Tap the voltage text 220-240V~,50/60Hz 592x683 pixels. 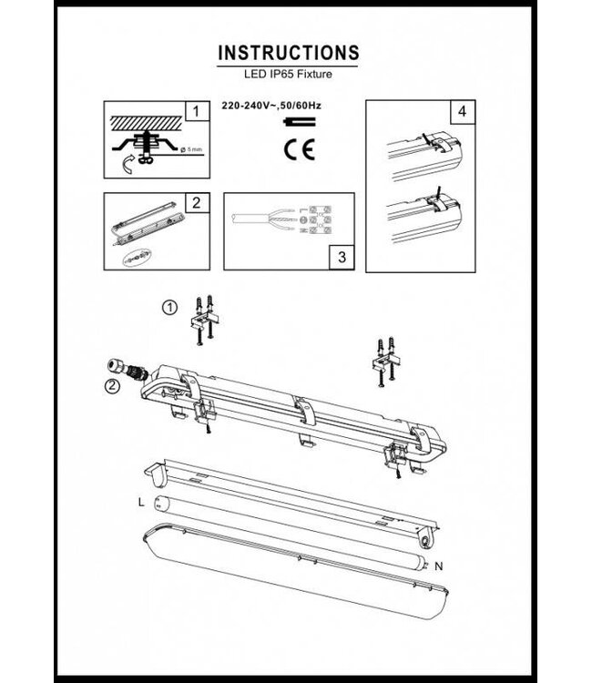[271, 107]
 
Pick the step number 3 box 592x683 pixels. [340, 258]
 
